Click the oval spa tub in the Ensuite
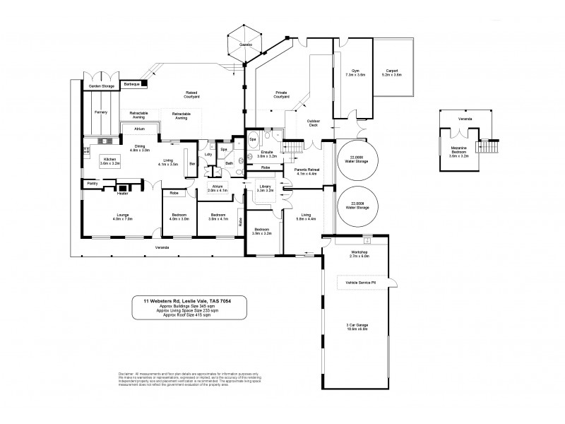(x=253, y=140)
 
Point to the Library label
(x=265, y=187)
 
